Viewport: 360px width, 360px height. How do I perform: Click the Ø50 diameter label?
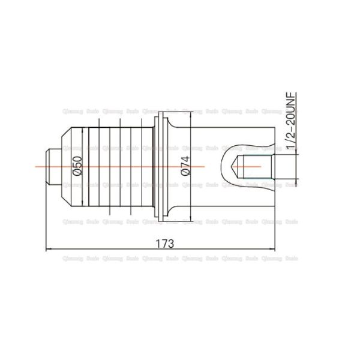(x=76, y=165)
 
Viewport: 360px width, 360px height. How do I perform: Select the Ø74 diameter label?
(x=184, y=165)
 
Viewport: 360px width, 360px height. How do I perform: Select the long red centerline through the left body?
(x=120, y=166)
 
